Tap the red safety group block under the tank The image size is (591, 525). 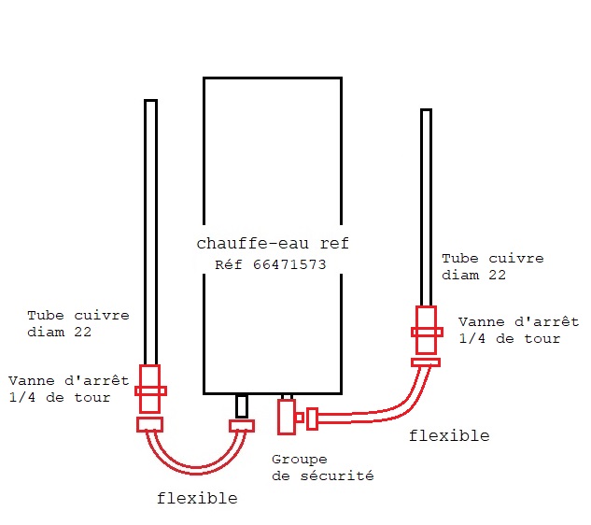pos(286,417)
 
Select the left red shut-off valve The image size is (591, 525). pos(150,390)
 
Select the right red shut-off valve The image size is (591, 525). pos(426,331)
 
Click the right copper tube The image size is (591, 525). pos(426,206)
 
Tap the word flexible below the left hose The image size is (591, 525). pos(197,498)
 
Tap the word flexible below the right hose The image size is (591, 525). pos(449,435)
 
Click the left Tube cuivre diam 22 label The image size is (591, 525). pos(78,323)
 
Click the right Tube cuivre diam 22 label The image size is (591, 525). pos(493,266)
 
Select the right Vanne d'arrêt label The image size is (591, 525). pos(518,330)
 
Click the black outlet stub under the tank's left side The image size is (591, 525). pos(242,406)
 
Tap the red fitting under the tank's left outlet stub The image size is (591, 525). pos(242,426)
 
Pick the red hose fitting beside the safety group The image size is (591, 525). pos(312,419)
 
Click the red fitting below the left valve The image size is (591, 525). pos(150,424)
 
